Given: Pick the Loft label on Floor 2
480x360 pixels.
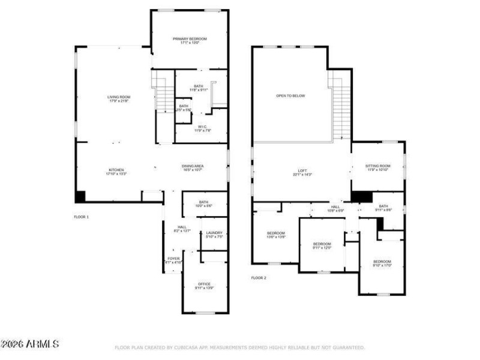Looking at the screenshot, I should (302, 172).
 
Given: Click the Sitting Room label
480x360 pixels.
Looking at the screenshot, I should (379, 167).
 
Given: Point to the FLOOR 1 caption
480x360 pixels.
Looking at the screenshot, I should (81, 217).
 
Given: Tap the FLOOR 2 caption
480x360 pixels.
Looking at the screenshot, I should (258, 278).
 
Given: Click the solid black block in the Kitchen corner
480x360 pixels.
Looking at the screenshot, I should (80, 196).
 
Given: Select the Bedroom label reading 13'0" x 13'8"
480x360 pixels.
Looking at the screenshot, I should (275, 235).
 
